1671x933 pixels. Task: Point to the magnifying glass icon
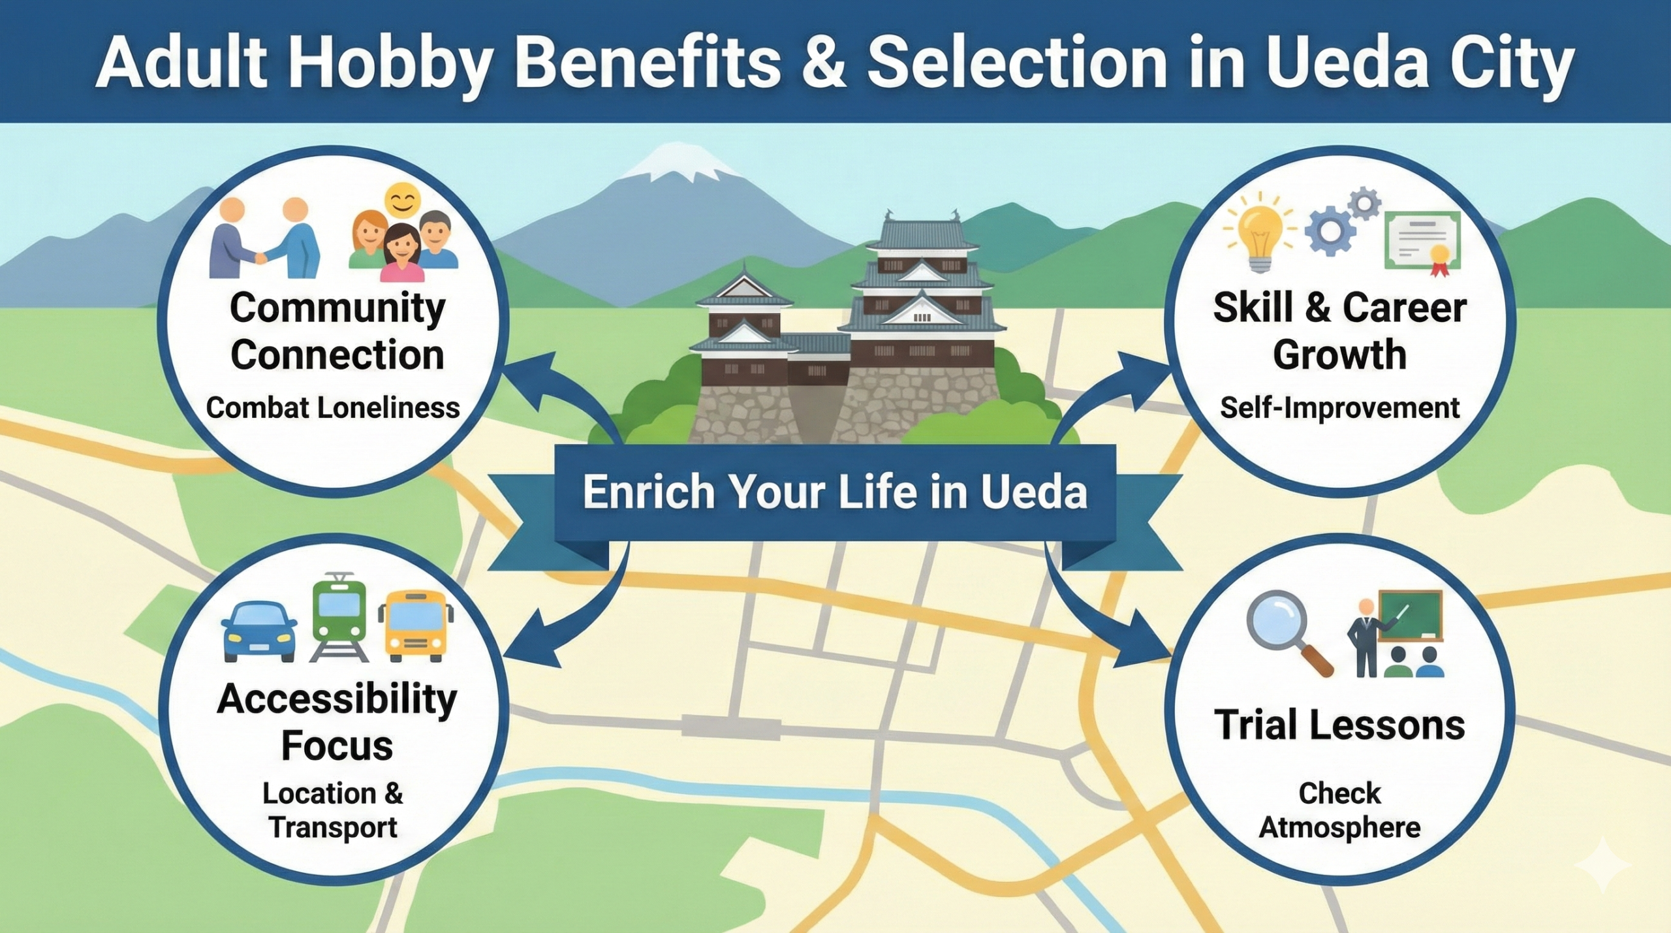[1282, 629]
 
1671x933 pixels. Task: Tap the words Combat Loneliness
[333, 408]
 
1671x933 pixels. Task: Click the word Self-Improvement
[1339, 408]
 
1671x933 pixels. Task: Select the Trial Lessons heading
[1339, 725]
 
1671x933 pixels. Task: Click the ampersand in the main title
[824, 64]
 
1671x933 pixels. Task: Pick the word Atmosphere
[1339, 827]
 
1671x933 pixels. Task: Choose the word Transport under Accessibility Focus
[333, 827]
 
